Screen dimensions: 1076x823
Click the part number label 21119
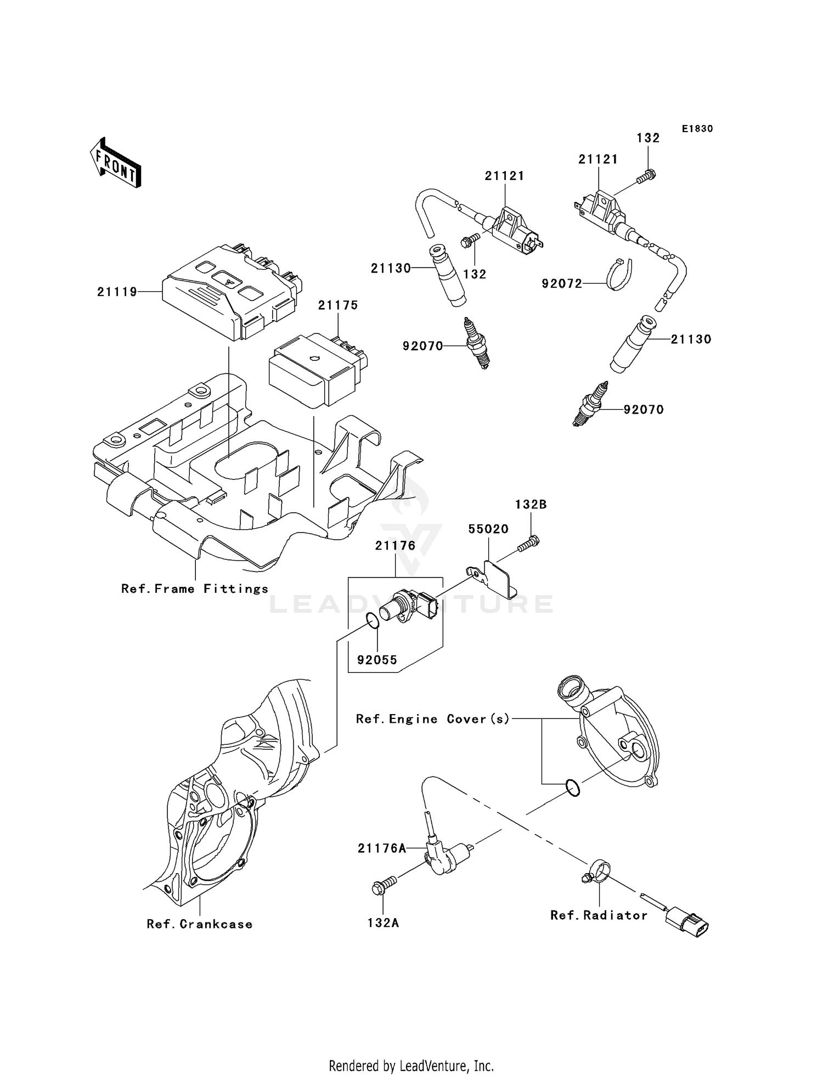117,292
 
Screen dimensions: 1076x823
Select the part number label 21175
338,305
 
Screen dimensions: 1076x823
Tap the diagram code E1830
697,129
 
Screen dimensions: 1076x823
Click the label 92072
562,284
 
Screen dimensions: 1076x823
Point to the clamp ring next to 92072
619,274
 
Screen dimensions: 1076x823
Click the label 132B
530,505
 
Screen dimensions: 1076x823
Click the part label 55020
488,529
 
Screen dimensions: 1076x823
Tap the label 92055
377,660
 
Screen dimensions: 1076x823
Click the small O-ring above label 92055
371,621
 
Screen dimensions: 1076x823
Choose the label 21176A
382,848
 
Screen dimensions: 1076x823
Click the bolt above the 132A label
384,884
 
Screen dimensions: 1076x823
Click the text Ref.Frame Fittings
195,589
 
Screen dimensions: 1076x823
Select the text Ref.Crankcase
200,924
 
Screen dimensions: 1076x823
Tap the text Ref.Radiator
599,915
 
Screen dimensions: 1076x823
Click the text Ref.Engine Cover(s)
433,719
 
